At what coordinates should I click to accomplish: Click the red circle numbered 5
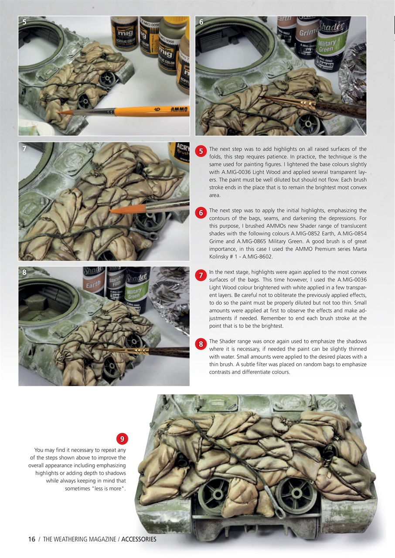tap(201, 151)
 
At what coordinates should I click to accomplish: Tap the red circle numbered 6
tap(201, 213)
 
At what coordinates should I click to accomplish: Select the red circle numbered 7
tap(201, 275)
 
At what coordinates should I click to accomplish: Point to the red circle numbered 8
tap(201, 344)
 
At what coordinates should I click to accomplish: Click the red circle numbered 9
tap(123, 439)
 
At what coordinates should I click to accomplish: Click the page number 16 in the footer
tap(31, 539)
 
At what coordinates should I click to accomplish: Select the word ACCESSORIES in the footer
tap(139, 539)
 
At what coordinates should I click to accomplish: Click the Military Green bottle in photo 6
tap(332, 44)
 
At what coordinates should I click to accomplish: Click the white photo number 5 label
tap(24, 22)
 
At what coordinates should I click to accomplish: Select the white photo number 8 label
tap(24, 272)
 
